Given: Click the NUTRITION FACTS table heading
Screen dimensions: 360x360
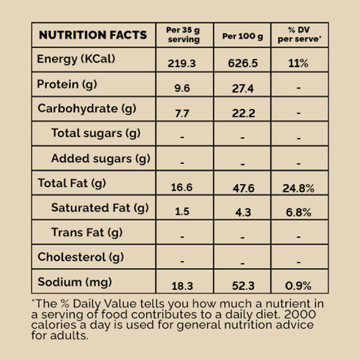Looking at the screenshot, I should coord(93,35).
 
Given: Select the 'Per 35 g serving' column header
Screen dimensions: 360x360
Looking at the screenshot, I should coord(183,35).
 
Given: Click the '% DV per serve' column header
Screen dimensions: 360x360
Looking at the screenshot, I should coord(299,35).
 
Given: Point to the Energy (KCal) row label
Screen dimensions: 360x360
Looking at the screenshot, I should coord(76,59).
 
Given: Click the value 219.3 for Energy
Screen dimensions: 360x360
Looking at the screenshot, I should coord(182,63).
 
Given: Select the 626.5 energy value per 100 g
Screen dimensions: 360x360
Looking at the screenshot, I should coord(243,63).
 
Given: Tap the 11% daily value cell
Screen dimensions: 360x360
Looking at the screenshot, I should coord(298,63).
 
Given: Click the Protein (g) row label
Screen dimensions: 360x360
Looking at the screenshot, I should coord(67,84).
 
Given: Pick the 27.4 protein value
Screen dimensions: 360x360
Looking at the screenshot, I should coord(243,88).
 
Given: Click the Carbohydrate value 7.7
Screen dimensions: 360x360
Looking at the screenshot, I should coord(182,113).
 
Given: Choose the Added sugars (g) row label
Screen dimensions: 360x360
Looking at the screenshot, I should coord(100,158).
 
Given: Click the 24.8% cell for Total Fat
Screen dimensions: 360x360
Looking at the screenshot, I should coord(298,188).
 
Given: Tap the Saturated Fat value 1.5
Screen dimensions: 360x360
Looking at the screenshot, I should coord(182,212).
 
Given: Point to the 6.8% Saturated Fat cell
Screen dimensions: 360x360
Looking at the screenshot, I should coord(298,212).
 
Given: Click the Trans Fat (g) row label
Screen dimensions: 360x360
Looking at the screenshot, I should coord(87,233).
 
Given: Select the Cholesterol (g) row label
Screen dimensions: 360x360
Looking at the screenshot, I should coord(81,257).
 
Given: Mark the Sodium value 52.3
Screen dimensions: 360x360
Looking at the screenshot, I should coord(243,286).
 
